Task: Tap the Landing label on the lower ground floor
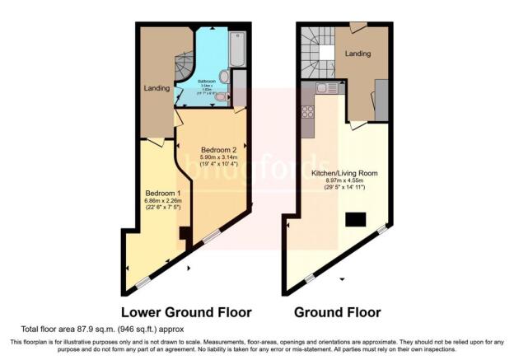point(158,88)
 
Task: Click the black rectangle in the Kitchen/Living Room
point(356,219)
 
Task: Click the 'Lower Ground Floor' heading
point(186,313)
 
